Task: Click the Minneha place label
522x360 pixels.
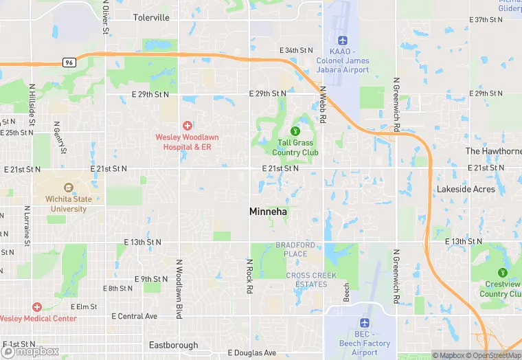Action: (x=268, y=212)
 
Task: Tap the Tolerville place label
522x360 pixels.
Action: (x=151, y=17)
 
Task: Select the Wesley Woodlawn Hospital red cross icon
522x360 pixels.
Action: (x=187, y=125)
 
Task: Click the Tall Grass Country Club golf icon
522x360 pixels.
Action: (x=295, y=131)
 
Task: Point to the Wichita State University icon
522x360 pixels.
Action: (x=68, y=188)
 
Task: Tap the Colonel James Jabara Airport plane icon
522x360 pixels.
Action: (x=343, y=39)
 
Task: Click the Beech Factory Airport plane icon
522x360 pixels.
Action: (x=365, y=323)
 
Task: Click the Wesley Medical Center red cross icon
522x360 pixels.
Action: (x=37, y=306)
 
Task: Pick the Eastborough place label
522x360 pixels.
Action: (x=173, y=345)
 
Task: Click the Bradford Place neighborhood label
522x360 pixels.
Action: (x=295, y=249)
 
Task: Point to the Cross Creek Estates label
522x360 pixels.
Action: (x=306, y=280)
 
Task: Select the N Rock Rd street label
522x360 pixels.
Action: (x=250, y=276)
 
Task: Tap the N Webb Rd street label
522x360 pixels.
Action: (x=322, y=104)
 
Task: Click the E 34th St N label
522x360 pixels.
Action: (x=296, y=50)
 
